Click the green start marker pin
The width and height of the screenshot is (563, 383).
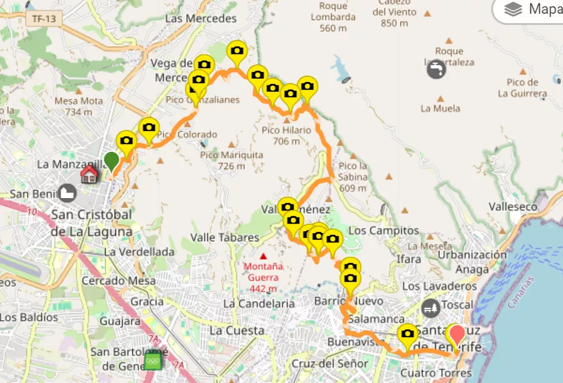pyautogui.click(x=111, y=161)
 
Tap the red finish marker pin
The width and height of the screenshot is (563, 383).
pyautogui.click(x=457, y=335)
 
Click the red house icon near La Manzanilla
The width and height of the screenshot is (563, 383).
pyautogui.click(x=89, y=174)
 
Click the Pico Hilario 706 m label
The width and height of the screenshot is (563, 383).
pyautogui.click(x=286, y=135)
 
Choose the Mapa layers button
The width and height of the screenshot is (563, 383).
pyautogui.click(x=531, y=9)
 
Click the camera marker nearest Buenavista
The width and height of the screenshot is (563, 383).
pyautogui.click(x=408, y=334)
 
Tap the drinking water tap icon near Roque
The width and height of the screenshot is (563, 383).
pyautogui.click(x=436, y=69)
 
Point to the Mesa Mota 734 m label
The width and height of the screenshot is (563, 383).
pyautogui.click(x=79, y=106)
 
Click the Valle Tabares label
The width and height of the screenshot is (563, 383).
pyautogui.click(x=224, y=237)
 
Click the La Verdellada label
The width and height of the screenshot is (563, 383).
pyautogui.click(x=139, y=252)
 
